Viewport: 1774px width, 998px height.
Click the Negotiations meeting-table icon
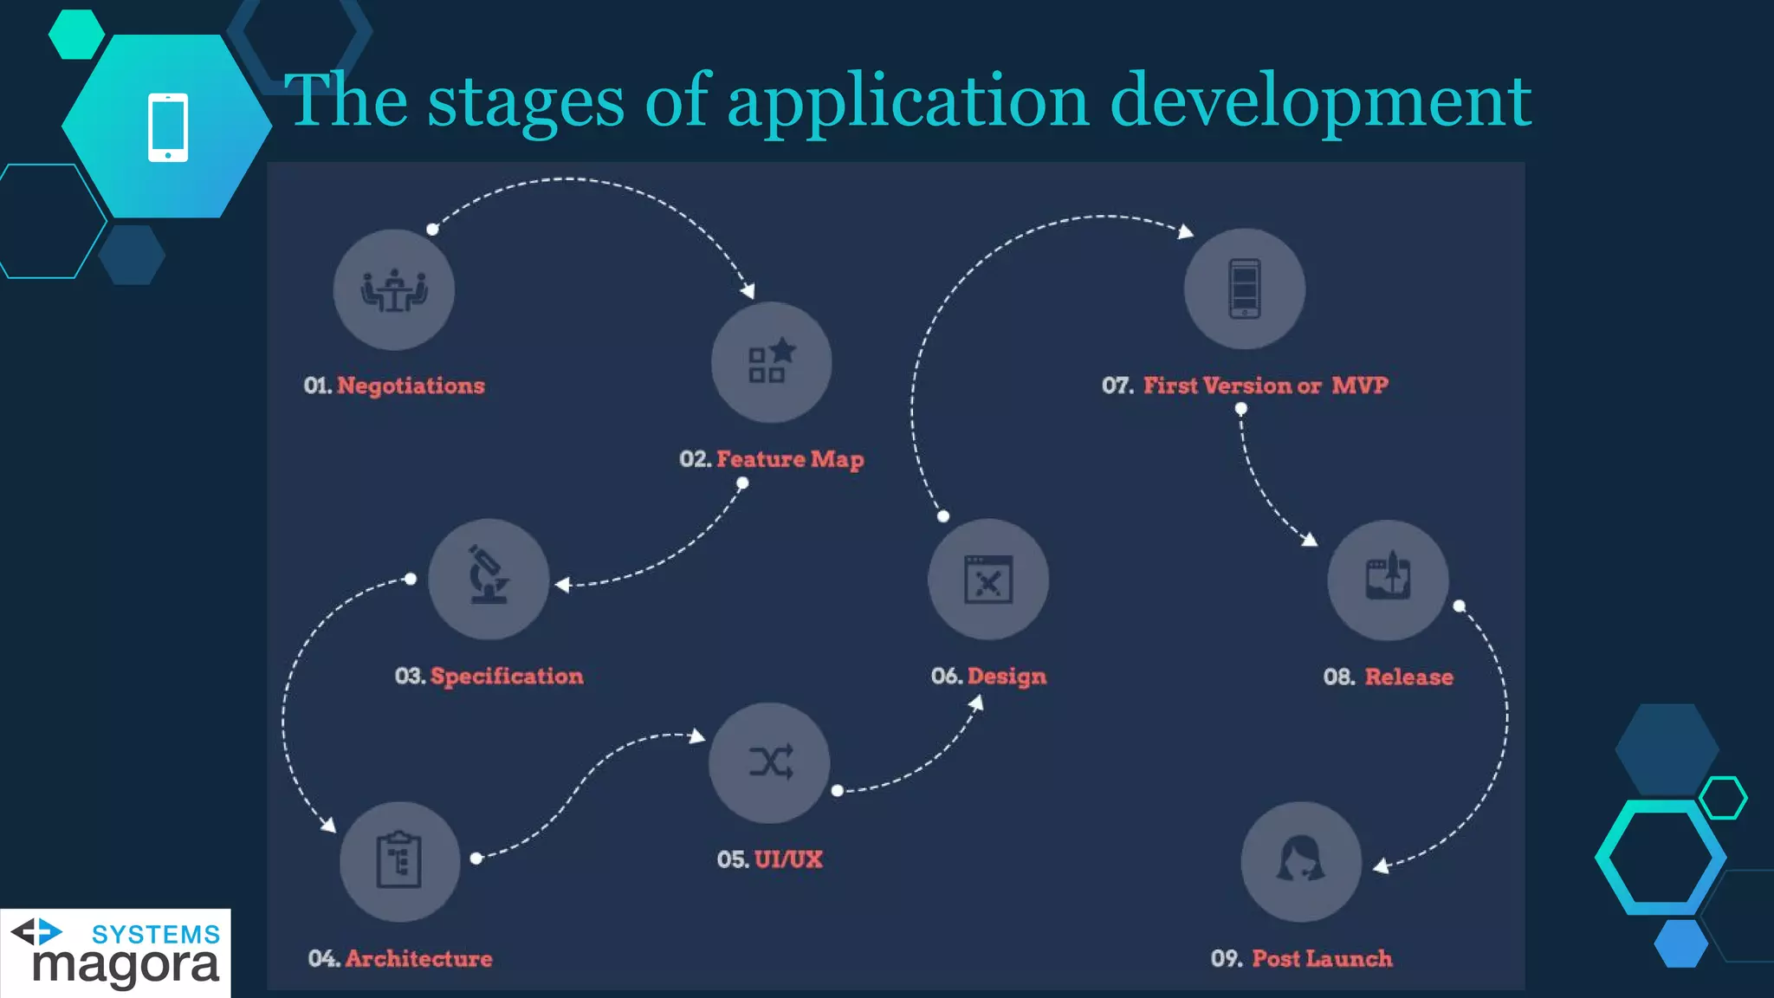click(x=394, y=290)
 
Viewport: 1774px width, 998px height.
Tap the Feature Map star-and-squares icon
click(x=771, y=361)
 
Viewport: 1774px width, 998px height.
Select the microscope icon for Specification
click(x=489, y=576)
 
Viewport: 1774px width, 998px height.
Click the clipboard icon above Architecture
click(x=399, y=860)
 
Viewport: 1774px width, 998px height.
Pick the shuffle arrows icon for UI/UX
click(x=770, y=762)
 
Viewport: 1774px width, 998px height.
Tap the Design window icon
click(x=988, y=580)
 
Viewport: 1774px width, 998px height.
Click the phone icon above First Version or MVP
click(x=1245, y=288)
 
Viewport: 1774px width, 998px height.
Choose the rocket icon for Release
click(x=1388, y=579)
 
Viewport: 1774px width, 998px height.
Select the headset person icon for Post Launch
click(x=1300, y=860)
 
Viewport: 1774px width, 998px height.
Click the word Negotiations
click(x=411, y=386)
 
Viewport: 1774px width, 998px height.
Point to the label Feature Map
click(x=790, y=459)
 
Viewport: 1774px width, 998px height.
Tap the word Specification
click(x=507, y=676)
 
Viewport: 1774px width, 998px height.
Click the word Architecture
click(x=419, y=958)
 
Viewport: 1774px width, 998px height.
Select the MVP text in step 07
click(x=1360, y=386)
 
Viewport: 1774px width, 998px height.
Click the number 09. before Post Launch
click(x=1227, y=958)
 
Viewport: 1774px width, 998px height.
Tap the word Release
click(x=1409, y=677)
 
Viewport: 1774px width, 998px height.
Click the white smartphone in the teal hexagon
click(x=168, y=126)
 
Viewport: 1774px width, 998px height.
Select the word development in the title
click(x=1320, y=101)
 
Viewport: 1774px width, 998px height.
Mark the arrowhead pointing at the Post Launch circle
click(x=1381, y=865)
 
